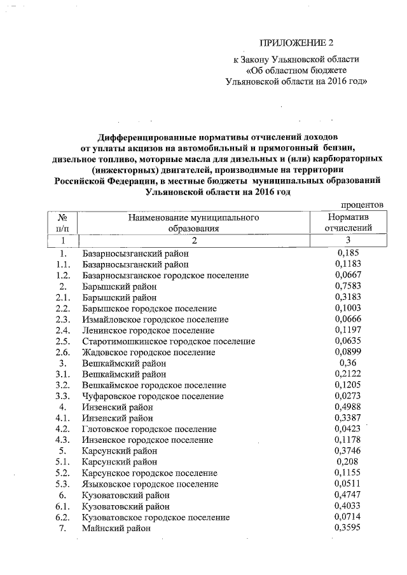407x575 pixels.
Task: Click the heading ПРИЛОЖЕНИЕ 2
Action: [296, 43]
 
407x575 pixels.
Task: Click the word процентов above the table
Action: [362, 205]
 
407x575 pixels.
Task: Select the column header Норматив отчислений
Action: [347, 223]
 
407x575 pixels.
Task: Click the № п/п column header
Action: [63, 223]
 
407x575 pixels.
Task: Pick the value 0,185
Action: [347, 253]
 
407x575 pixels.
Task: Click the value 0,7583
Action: [347, 287]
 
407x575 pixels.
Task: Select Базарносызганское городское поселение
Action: [165, 275]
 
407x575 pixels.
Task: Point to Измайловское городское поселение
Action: [155, 319]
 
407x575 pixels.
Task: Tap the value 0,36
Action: [347, 363]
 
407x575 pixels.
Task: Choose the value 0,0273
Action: [347, 396]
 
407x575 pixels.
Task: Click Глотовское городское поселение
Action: [150, 429]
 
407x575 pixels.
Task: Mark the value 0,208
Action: [347, 462]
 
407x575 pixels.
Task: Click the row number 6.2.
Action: [62, 517]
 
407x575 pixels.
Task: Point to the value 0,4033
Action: [347, 506]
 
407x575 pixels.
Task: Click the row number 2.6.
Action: [62, 352]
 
